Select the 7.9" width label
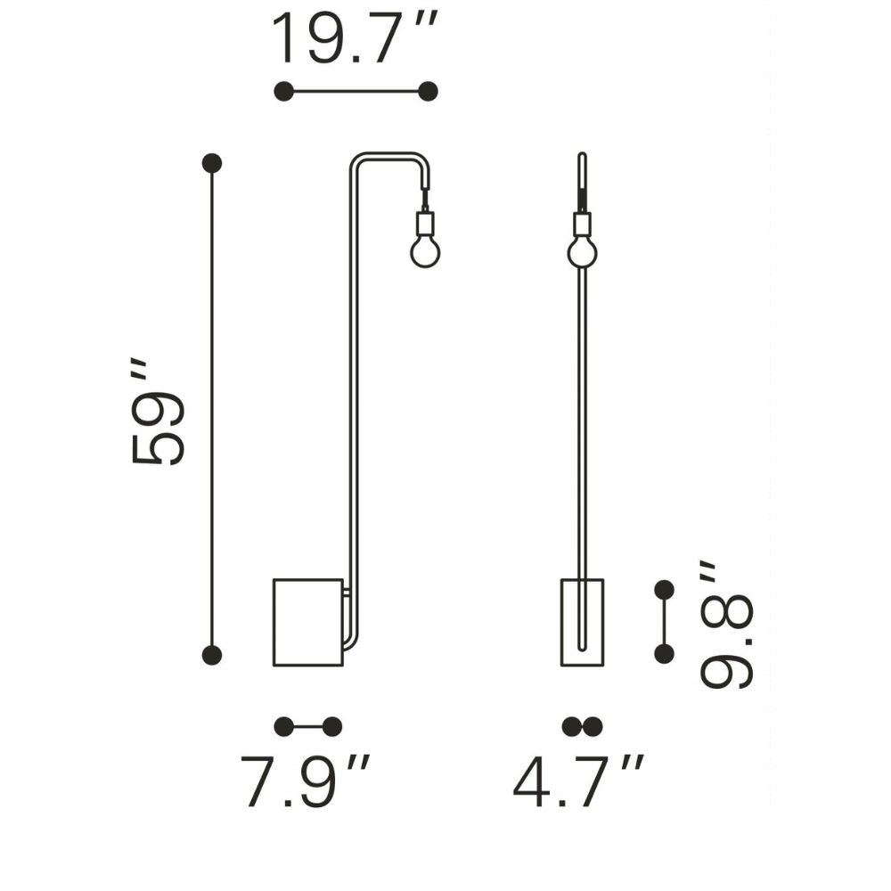(305, 781)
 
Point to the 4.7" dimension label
(578, 781)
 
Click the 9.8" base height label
(725, 625)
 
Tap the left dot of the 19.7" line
(283, 91)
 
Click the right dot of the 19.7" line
(428, 91)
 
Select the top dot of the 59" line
(212, 163)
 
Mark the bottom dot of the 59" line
(212, 655)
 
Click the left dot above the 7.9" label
(283, 726)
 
